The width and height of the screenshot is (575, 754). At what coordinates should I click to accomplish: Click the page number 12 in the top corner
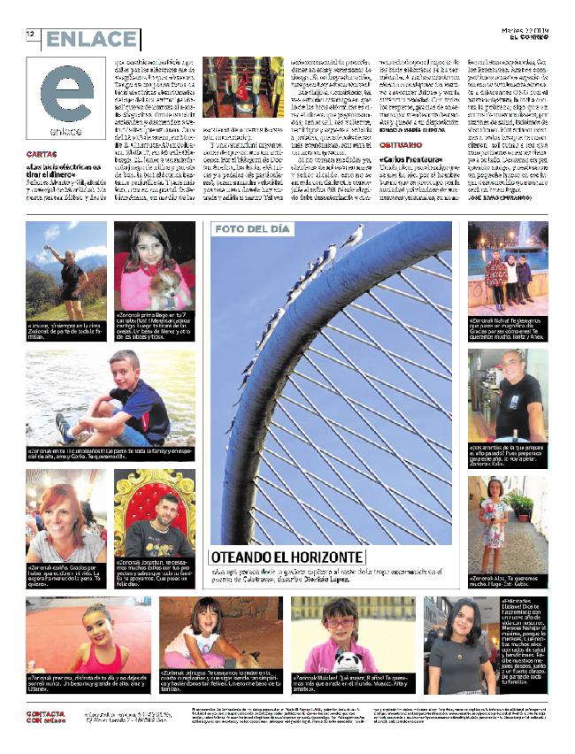[31, 35]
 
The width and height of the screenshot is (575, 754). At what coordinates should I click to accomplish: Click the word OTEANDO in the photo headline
[250, 557]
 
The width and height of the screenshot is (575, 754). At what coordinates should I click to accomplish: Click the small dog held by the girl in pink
[163, 289]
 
